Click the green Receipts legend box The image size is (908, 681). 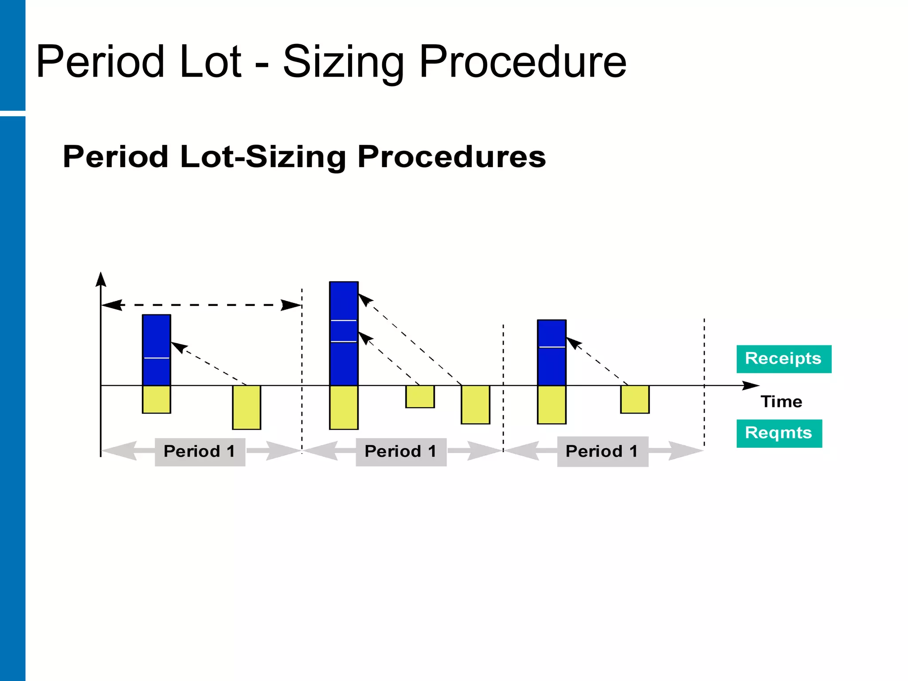pos(783,359)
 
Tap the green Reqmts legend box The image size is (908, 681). pos(779,433)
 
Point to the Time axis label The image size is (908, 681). pos(781,402)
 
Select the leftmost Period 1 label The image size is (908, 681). pos(200,452)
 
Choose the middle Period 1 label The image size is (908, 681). pos(401,452)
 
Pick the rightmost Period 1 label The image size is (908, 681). pos(603,452)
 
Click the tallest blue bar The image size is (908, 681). pos(344,333)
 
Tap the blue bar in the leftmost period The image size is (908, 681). pos(157,350)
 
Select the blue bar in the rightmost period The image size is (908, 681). pos(552,352)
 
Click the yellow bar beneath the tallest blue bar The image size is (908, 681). pos(344,407)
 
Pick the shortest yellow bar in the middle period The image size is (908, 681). pos(420,397)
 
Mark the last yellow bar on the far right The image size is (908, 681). pos(634,399)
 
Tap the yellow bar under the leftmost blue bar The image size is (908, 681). pos(157,399)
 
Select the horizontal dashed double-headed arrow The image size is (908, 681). pos(202,305)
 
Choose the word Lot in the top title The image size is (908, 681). pos(210,62)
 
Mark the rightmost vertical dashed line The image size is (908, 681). pos(704,381)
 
